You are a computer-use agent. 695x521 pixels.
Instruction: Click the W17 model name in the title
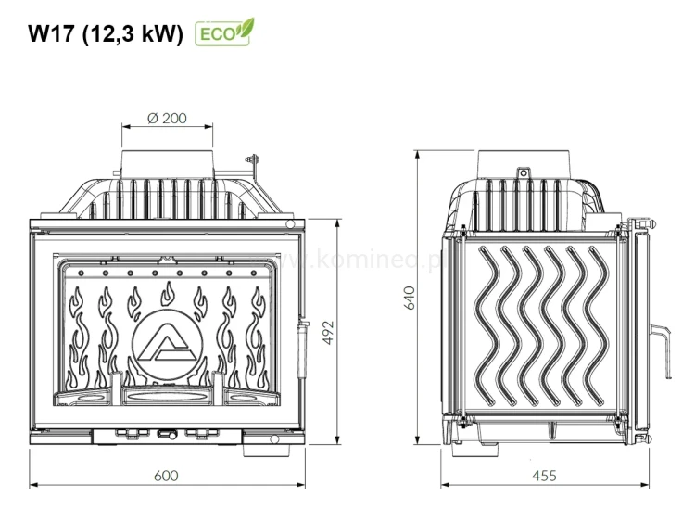pos(52,34)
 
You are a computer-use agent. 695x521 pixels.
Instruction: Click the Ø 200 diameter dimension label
pos(167,118)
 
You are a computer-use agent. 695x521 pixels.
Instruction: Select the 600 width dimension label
pos(166,476)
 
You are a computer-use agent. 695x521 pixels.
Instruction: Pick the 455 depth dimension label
pos(544,476)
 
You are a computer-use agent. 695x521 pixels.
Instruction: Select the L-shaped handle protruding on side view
pos(661,343)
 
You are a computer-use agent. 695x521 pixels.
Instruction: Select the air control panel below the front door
pos(167,435)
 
